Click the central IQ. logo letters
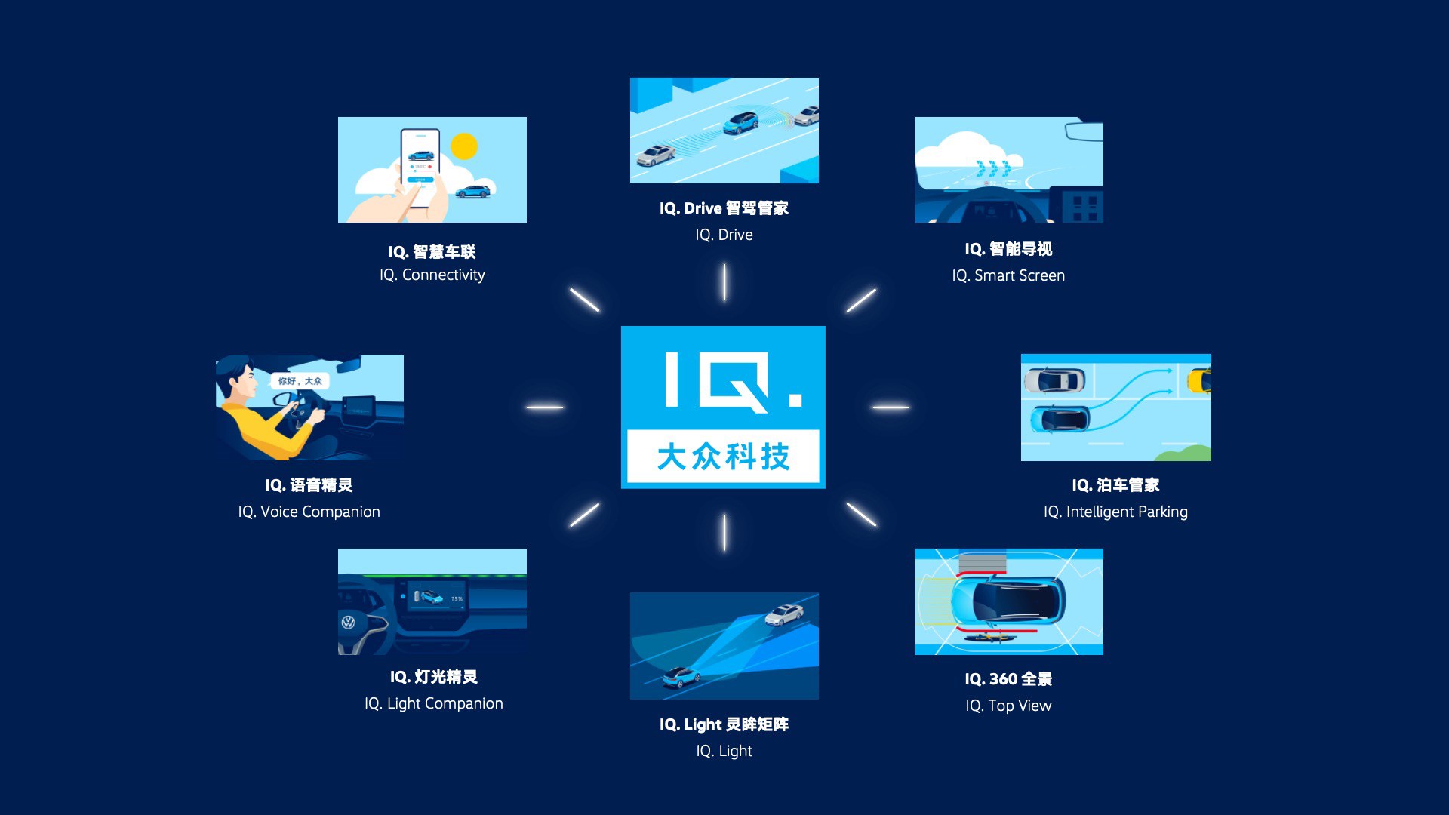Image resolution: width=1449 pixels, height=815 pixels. tap(733, 381)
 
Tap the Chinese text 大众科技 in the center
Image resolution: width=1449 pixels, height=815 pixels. tap(723, 457)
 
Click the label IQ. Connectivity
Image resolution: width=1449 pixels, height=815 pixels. tap(432, 275)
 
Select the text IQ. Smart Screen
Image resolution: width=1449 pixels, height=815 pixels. tap(1008, 275)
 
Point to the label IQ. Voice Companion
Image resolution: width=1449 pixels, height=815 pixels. tap(309, 512)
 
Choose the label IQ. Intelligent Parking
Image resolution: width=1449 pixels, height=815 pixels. tap(1115, 512)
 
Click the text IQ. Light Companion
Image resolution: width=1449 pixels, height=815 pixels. tap(434, 703)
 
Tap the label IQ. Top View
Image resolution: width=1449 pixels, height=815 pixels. tap(1008, 706)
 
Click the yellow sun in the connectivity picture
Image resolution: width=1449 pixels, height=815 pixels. tap(464, 146)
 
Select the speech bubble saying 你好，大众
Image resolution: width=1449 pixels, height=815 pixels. tap(300, 381)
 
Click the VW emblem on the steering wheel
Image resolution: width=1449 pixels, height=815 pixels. tap(348, 623)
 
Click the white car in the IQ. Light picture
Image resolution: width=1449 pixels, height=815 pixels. tap(784, 614)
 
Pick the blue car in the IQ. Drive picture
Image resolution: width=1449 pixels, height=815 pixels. tap(740, 122)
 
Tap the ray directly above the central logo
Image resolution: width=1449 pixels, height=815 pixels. tap(724, 282)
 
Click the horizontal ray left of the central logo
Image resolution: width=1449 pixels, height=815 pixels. tap(545, 407)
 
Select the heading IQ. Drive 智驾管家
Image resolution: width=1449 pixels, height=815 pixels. tap(724, 208)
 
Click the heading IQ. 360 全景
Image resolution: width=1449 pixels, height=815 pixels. tap(1008, 679)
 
